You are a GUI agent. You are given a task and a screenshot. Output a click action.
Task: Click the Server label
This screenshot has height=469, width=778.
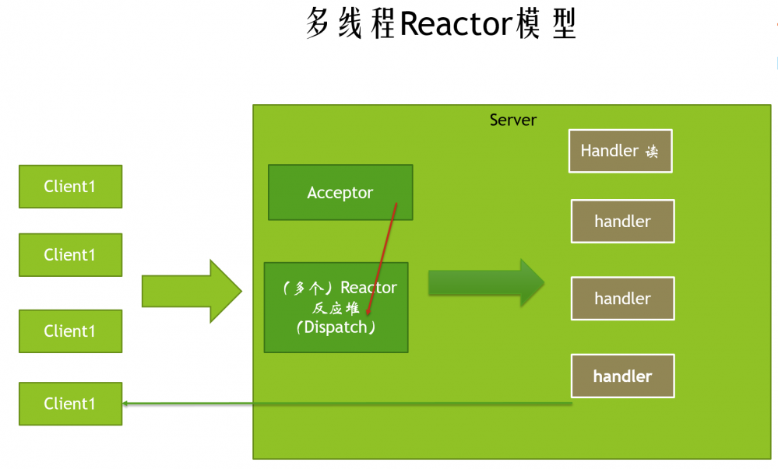pos(512,121)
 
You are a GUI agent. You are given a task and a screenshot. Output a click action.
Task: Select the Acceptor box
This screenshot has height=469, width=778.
pos(340,192)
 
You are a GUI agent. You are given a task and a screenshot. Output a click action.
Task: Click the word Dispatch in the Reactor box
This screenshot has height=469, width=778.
pos(336,327)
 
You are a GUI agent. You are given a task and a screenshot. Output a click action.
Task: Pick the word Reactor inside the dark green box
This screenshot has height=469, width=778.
pos(368,288)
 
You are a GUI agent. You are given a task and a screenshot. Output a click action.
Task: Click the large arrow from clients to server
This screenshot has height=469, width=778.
pos(191,291)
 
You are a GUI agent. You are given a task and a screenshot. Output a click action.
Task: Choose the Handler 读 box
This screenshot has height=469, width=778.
pos(620,151)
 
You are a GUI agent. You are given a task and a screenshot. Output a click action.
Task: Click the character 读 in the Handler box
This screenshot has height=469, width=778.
pos(651,152)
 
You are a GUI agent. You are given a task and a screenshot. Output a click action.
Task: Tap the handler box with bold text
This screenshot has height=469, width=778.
pos(622,376)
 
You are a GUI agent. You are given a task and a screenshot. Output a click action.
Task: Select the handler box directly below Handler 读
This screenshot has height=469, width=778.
pos(622,222)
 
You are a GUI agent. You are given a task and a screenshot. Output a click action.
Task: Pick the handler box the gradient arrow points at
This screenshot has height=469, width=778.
pos(622,299)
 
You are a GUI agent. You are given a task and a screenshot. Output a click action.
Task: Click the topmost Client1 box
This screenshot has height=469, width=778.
pos(70,187)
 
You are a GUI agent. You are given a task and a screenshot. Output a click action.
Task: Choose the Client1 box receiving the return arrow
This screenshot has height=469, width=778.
pos(70,404)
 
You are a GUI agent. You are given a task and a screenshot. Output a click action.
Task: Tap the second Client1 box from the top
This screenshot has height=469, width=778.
pos(70,255)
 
